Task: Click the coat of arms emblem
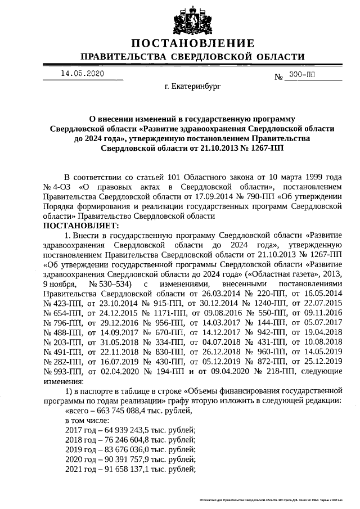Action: click(x=193, y=20)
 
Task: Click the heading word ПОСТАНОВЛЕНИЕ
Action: click(x=193, y=44)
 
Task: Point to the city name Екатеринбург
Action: click(x=193, y=87)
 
